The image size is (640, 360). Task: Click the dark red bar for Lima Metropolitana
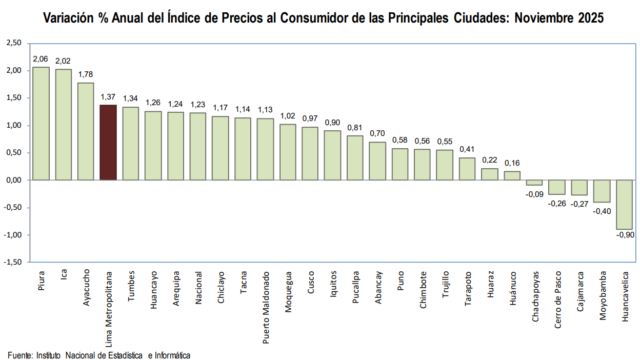point(108,142)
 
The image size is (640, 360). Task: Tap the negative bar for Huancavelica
point(624,205)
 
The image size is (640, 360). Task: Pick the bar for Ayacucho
point(85,131)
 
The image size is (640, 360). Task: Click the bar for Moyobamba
point(602,191)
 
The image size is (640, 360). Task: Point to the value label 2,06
point(40,60)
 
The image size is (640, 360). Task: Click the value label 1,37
point(108,97)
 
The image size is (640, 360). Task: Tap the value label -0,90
point(624,236)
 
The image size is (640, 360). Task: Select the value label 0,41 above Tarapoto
point(467,150)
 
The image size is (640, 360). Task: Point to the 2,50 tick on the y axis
point(13,43)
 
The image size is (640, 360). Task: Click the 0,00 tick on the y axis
point(13,180)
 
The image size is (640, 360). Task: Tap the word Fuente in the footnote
point(19,354)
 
